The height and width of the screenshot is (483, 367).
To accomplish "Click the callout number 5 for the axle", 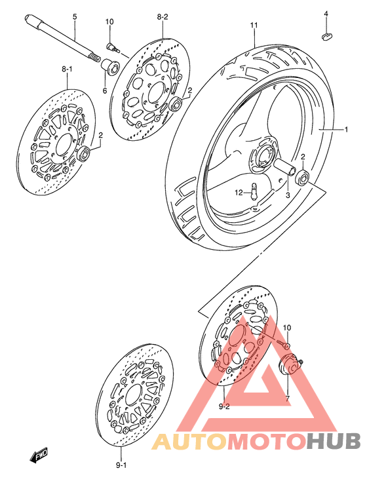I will coord(74,16).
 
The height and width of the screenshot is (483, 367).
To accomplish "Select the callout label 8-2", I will coord(162,16).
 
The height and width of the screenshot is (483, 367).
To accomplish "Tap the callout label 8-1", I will coord(68,68).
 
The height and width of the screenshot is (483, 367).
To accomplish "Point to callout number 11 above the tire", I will coord(254,26).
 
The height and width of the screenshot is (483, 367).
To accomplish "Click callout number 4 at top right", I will coord(325,13).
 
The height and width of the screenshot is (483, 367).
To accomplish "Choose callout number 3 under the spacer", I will coord(287,195).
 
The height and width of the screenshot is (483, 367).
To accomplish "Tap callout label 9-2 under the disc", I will coord(223,407).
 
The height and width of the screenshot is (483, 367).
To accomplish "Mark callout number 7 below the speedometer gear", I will coord(286,398).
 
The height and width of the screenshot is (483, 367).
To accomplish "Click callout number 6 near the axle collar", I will coord(104,90).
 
